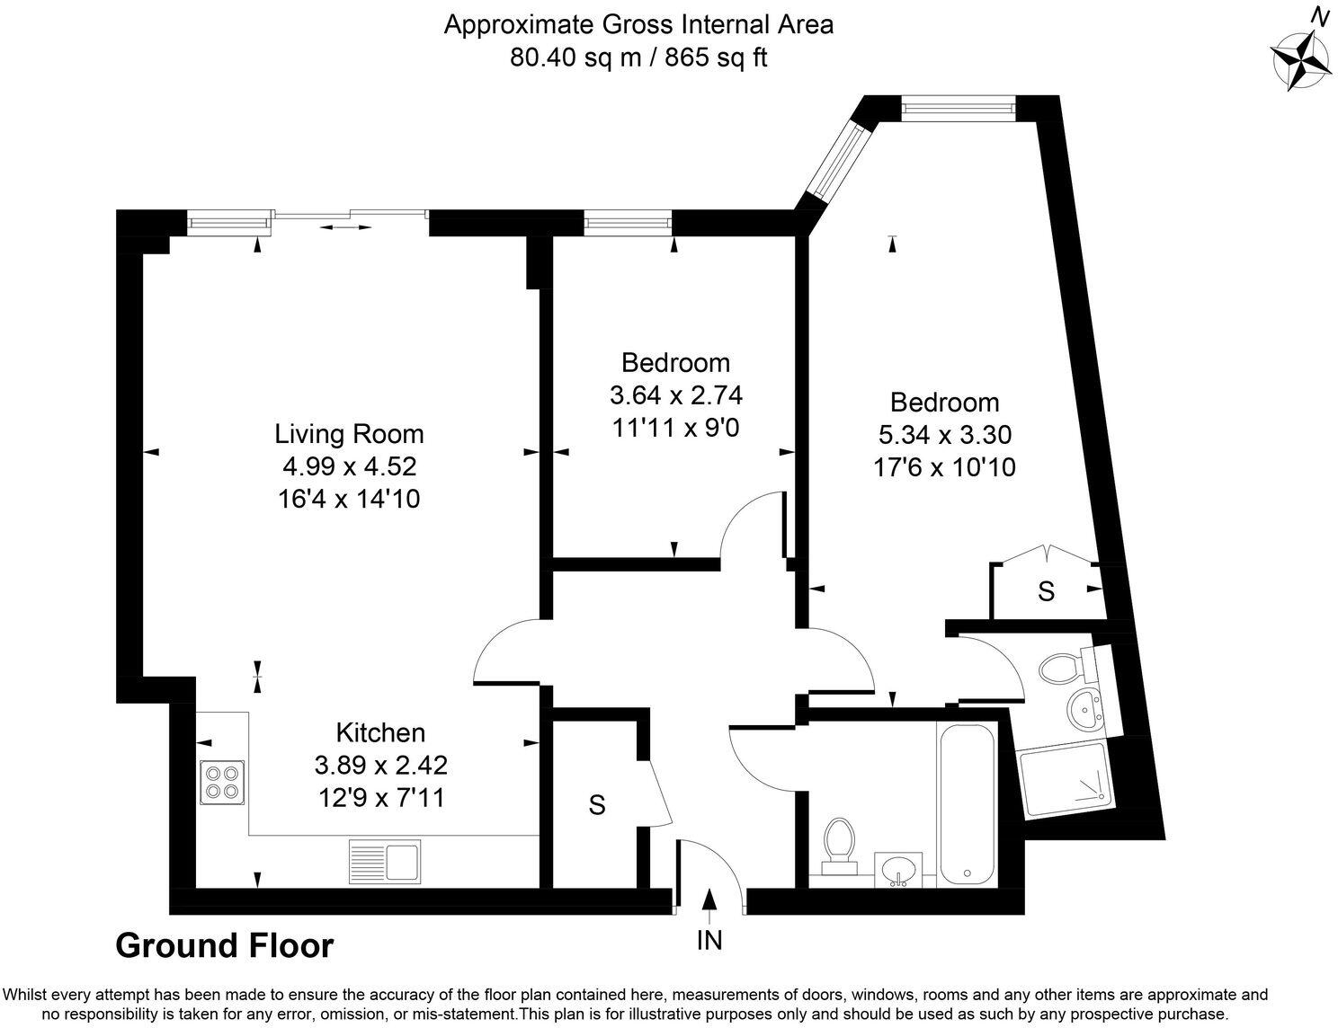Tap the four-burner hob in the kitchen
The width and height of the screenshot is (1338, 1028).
222,781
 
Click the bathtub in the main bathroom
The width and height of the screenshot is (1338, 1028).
966,804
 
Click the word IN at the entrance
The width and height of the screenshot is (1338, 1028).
709,941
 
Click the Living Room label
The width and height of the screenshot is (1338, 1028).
349,434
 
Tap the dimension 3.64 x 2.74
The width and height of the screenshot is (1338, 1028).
675,395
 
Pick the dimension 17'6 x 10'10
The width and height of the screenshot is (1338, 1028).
944,467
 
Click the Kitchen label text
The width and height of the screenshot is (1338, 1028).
380,732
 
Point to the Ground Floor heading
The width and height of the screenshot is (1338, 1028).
225,945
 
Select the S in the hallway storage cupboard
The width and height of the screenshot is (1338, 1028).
596,806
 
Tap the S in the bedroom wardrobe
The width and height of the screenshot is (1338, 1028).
1046,591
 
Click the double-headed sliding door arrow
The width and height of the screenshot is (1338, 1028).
345,227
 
